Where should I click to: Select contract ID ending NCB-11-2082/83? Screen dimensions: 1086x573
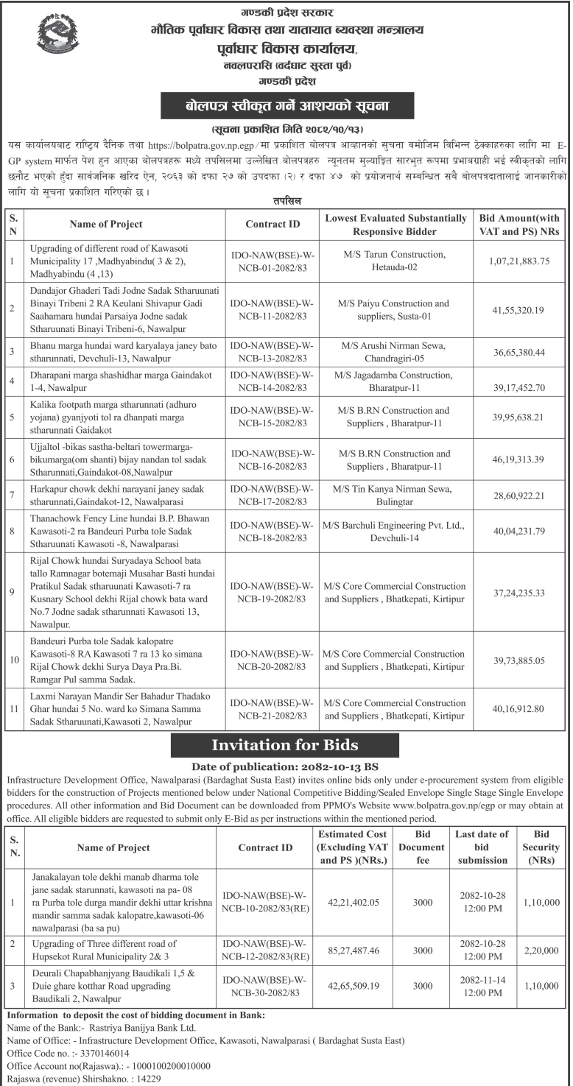[x=273, y=308]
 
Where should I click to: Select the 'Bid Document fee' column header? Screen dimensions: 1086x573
[x=422, y=847]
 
